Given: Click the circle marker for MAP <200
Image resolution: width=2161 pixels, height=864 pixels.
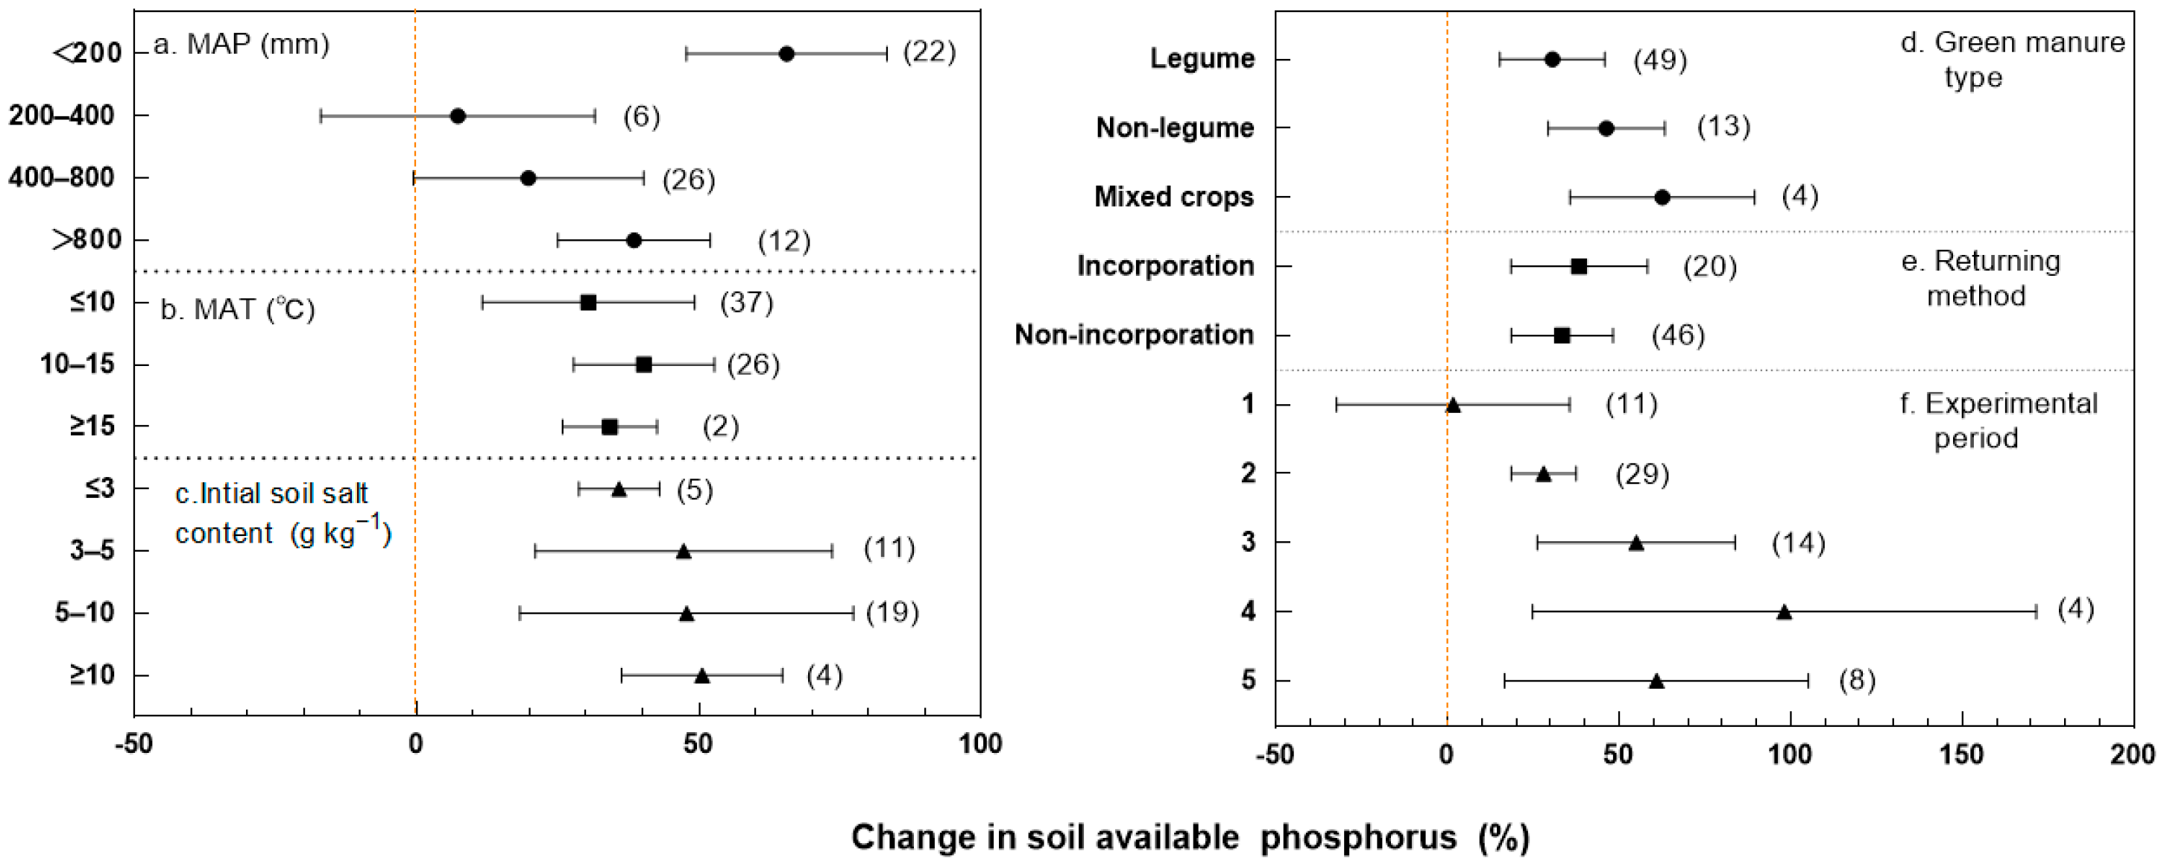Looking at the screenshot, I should (x=786, y=54).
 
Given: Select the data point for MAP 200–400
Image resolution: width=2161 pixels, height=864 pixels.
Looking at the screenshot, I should (x=458, y=116).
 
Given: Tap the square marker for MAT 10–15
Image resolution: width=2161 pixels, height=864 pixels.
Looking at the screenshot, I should (x=643, y=364).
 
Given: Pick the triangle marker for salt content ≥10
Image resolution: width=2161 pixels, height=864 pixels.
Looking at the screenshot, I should (x=702, y=675).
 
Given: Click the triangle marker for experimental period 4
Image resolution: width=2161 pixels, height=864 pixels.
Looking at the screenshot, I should (x=1785, y=611).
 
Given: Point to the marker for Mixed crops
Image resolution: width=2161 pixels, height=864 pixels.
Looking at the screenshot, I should (x=1662, y=197).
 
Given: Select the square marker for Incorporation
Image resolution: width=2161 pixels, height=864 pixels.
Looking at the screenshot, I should (x=1579, y=267).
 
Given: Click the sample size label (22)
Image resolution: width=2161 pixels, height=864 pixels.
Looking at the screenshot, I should (x=930, y=52).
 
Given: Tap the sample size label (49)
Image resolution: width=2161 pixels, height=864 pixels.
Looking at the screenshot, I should (x=1660, y=60).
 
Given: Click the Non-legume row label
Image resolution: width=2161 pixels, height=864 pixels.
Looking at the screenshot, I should (x=1175, y=127).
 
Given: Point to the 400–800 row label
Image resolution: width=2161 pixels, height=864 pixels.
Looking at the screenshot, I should (x=61, y=178).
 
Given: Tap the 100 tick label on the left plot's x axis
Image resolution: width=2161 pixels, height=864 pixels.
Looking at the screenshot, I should (x=979, y=743).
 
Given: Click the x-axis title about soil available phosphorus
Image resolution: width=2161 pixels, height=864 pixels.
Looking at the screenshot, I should (x=1190, y=837).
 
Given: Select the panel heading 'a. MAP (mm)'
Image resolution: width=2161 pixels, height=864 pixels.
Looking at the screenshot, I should (x=242, y=44).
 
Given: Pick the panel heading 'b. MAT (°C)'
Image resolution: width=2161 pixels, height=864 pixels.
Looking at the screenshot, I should (x=237, y=309).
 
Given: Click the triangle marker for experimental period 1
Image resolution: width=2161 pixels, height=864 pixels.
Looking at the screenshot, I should (x=1453, y=405).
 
